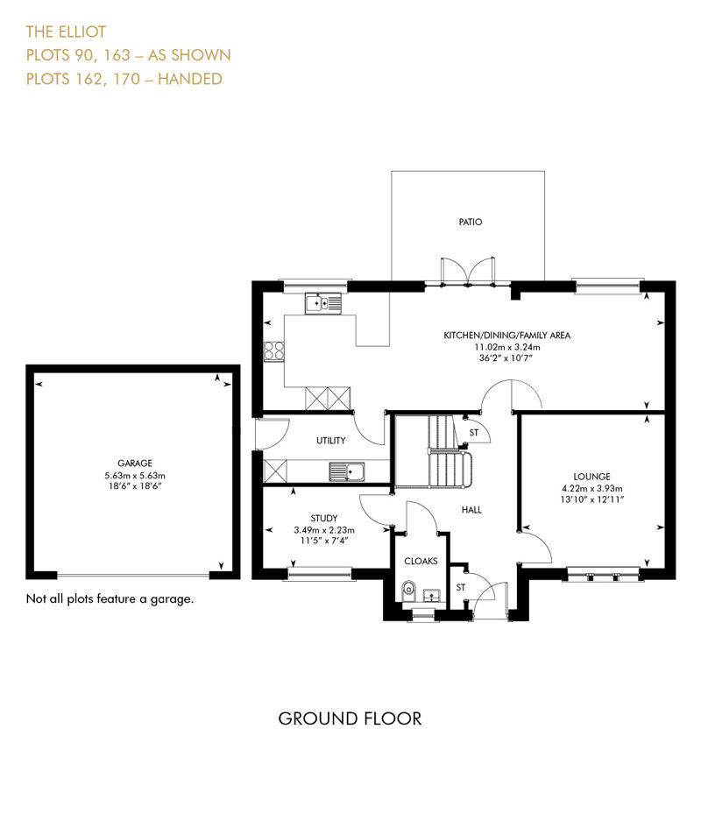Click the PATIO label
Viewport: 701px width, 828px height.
point(471,222)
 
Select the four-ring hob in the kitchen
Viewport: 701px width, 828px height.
point(274,351)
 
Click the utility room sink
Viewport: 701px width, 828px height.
point(346,471)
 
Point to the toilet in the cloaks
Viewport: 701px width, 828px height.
point(408,591)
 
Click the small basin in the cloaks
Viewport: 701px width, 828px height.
point(432,596)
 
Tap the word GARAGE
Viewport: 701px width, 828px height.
point(135,464)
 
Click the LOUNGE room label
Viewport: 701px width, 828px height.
point(591,477)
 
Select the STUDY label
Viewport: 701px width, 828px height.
point(324,518)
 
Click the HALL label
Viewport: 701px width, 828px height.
point(471,510)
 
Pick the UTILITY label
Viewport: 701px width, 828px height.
point(330,441)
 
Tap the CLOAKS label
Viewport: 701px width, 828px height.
point(421,561)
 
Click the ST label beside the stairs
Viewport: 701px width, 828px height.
point(474,433)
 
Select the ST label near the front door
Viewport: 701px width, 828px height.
point(461,587)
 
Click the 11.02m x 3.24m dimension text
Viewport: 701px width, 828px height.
point(507,347)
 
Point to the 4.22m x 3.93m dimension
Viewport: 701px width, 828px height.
point(591,488)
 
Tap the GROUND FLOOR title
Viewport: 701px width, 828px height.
point(350,718)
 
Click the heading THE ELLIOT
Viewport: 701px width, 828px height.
point(66,32)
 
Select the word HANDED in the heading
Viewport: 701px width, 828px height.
point(189,79)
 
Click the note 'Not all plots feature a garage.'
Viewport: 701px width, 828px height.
point(110,598)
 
